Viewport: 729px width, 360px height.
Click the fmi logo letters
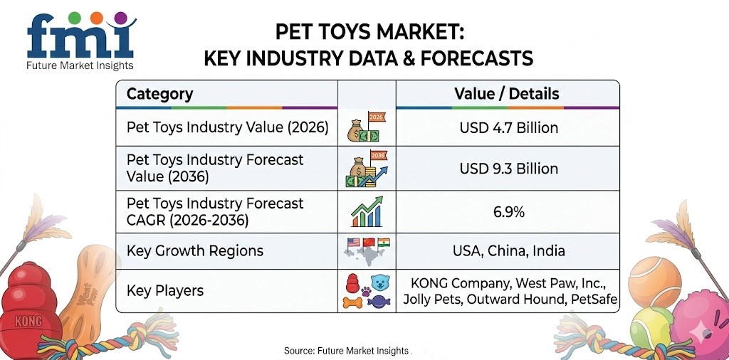coord(80,40)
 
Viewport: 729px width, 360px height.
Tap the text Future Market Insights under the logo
coord(80,66)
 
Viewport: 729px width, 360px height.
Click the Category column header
coord(159,94)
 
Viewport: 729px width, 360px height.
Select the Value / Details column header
coord(506,94)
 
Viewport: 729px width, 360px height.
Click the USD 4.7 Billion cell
coord(506,129)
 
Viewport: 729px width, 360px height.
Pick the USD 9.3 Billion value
coord(506,169)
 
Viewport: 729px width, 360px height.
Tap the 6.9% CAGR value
coord(506,211)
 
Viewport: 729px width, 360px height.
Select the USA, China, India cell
coord(506,250)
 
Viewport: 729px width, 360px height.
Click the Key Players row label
coord(164,290)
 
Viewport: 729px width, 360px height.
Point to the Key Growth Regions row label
coord(194,250)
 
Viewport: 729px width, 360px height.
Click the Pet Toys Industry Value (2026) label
coord(227,128)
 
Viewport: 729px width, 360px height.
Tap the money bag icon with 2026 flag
coord(365,128)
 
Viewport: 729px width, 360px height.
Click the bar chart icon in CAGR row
coord(365,212)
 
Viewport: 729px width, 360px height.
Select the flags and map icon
coord(365,251)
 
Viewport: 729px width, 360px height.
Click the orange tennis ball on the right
coord(654,282)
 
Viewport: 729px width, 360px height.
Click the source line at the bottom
coord(347,351)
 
